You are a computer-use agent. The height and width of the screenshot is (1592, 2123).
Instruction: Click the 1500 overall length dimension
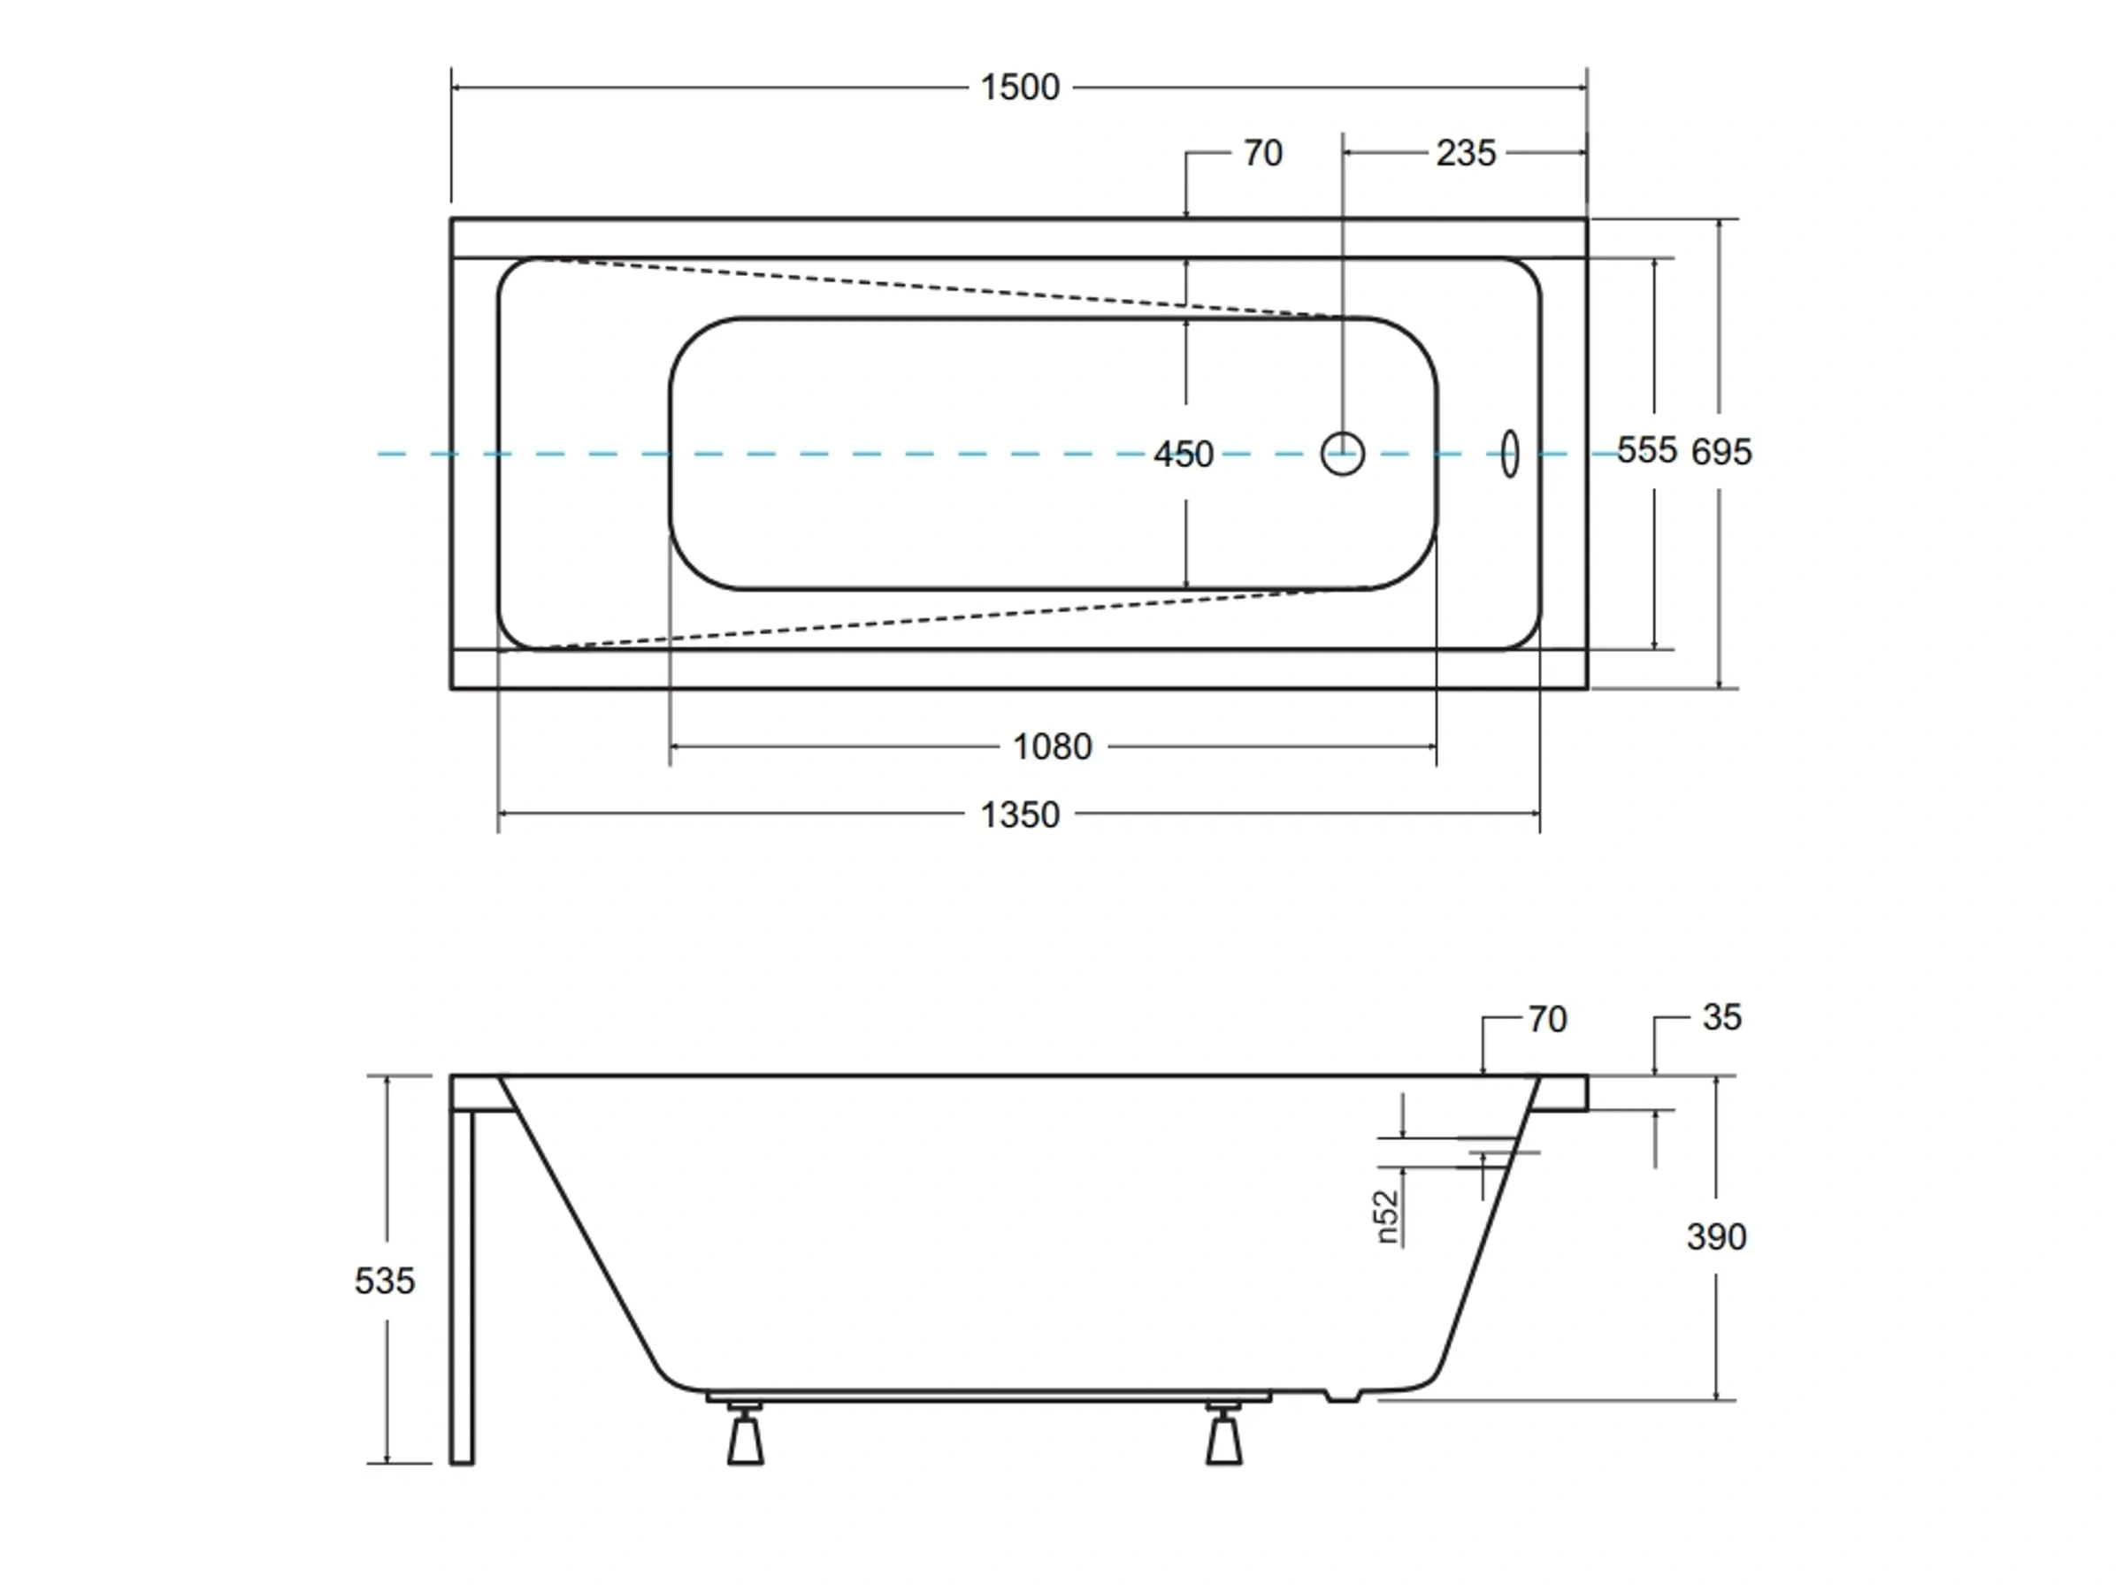1019,88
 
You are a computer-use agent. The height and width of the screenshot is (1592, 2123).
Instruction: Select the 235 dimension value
1465,154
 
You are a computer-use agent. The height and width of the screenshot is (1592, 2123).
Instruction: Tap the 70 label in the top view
1262,154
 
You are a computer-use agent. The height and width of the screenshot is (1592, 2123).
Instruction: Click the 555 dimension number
1645,450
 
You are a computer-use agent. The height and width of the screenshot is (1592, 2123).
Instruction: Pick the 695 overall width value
1720,452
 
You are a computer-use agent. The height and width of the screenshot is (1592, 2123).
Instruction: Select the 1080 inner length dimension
1052,746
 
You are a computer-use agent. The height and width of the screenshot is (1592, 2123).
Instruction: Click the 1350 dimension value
1019,815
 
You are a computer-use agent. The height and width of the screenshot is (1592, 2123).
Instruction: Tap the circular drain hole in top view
1342,454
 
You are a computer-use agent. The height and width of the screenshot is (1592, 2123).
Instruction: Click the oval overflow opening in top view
1510,453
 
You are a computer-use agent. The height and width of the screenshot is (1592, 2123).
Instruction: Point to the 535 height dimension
384,1281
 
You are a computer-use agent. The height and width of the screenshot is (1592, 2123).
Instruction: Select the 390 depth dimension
1716,1237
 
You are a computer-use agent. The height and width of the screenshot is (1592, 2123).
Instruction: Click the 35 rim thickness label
1721,1018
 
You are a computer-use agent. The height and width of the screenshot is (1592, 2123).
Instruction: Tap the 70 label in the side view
1546,1020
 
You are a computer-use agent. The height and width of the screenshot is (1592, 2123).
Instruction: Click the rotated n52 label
1388,1217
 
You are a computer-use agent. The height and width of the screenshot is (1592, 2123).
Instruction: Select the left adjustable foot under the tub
745,1436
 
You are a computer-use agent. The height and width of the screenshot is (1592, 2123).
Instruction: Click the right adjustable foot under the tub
1223,1436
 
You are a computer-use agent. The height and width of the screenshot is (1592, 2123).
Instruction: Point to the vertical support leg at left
462,1286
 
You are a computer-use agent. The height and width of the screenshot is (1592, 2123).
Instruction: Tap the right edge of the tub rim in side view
1584,1093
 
